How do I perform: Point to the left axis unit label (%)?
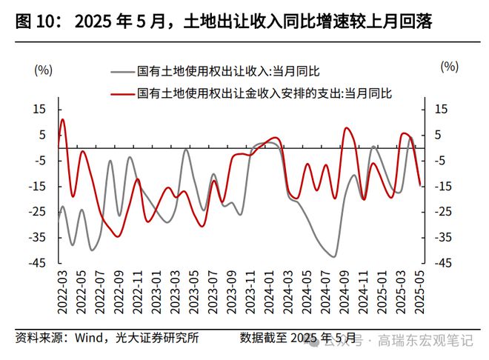tap(44, 71)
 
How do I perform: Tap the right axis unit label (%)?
tap(449, 67)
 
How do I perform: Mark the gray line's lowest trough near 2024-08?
tap(333, 256)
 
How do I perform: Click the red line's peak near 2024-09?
tap(347, 128)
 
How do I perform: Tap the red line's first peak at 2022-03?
tap(63, 119)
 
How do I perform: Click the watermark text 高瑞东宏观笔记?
tap(425, 341)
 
